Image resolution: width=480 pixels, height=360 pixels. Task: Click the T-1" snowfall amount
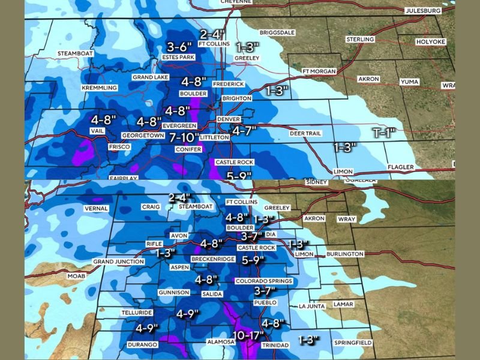tap(384, 133)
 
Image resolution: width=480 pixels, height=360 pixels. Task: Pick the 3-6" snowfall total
tap(179, 46)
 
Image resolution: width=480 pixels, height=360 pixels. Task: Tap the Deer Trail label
tap(305, 133)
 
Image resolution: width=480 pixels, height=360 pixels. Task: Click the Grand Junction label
tap(119, 262)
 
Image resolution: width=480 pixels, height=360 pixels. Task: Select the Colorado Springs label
tap(263, 281)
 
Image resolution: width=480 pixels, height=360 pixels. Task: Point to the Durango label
tap(142, 344)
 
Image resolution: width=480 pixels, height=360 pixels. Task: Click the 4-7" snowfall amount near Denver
tap(244, 130)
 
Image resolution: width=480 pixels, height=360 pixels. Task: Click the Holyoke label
tap(431, 42)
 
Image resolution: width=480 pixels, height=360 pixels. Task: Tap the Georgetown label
tap(143, 136)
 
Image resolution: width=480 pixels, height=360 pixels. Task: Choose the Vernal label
tap(96, 209)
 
